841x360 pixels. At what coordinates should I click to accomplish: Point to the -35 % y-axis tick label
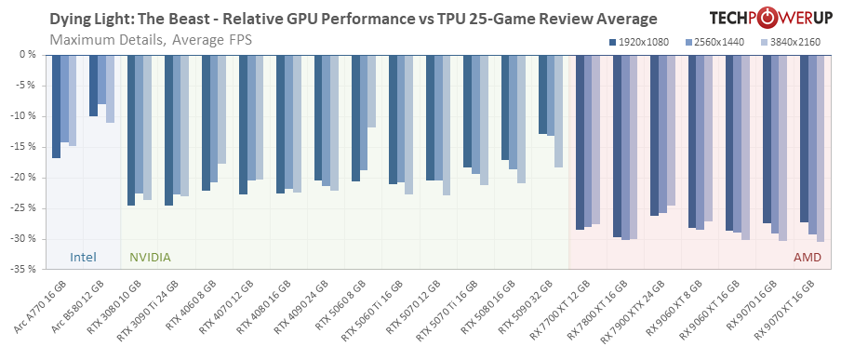pyautogui.click(x=23, y=269)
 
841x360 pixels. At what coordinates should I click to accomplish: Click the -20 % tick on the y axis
pyautogui.click(x=23, y=177)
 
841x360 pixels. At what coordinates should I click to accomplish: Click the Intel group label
pyautogui.click(x=85, y=257)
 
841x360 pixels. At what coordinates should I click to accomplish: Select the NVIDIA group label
pyautogui.click(x=149, y=257)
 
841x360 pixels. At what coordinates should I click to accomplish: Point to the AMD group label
pyautogui.click(x=807, y=257)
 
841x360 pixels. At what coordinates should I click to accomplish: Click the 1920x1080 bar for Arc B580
pyautogui.click(x=93, y=85)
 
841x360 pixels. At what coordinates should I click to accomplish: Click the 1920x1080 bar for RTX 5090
pyautogui.click(x=542, y=93)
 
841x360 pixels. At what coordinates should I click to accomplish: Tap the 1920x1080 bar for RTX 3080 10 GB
pyautogui.click(x=131, y=129)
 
